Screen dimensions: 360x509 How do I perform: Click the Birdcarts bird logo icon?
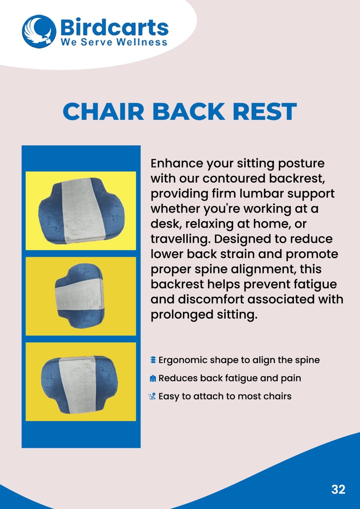point(39,31)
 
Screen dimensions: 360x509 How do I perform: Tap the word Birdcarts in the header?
point(115,27)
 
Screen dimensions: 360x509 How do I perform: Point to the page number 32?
point(338,489)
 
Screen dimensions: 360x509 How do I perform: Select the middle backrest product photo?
point(81,296)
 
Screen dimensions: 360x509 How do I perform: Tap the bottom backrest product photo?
point(81,382)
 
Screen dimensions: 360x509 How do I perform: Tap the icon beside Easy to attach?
point(153,396)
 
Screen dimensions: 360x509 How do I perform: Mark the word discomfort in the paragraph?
point(211,299)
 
